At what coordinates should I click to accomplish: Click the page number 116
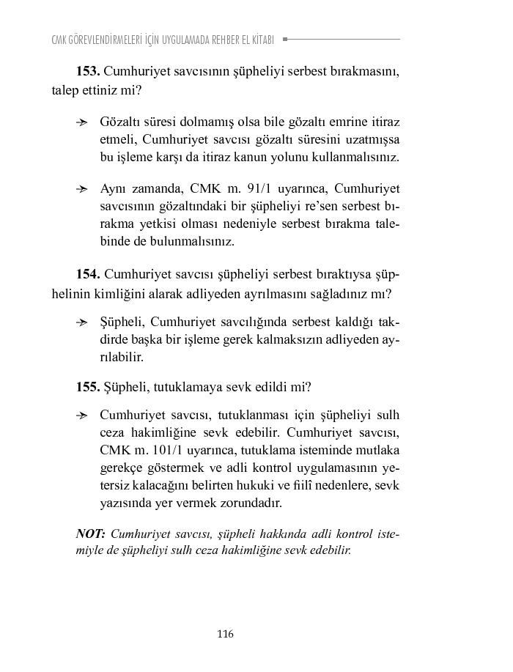(x=225, y=634)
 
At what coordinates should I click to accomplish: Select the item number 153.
(x=88, y=73)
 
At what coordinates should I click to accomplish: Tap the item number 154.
(x=88, y=275)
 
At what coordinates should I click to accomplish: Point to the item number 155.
(x=88, y=386)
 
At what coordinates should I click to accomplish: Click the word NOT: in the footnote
(x=91, y=533)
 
